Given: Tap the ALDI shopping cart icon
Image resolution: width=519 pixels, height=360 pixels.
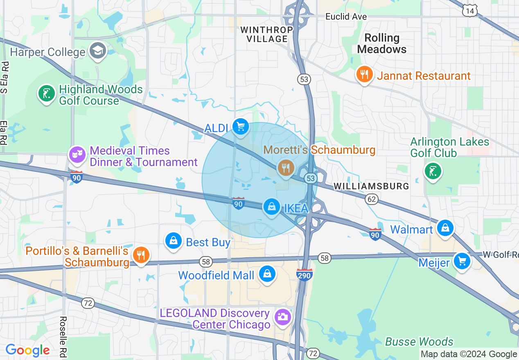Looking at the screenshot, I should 240,126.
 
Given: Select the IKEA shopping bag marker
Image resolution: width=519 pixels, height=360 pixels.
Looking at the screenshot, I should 271,207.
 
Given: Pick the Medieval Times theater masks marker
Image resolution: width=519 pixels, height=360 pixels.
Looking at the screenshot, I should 77,155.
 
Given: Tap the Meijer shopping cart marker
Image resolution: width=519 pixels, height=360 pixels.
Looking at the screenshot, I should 462,261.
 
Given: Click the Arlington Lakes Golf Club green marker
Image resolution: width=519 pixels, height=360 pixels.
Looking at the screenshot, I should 433,171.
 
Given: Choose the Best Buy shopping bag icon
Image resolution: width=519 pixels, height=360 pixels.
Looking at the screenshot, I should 174,241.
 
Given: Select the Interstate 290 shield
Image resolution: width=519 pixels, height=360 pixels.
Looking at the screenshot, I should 305,274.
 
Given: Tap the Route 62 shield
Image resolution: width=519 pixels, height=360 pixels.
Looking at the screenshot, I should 372,199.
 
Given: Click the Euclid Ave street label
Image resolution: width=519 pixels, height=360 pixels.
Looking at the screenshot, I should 346,17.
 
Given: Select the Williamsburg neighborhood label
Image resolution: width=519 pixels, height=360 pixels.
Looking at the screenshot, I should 371,186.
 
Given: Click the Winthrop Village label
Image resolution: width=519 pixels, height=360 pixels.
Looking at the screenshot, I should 266,34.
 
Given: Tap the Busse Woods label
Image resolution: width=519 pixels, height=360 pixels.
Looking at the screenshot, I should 419,342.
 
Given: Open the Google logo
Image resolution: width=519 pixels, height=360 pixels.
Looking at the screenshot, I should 27,351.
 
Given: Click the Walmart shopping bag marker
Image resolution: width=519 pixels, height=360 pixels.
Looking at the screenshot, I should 445,228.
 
